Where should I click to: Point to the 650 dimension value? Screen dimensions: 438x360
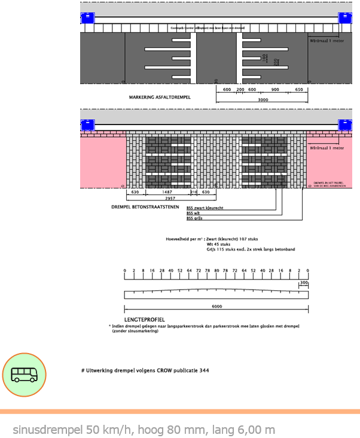point(298,90)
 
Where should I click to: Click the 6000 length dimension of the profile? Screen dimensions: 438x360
point(216,306)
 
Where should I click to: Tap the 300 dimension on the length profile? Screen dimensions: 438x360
point(304,282)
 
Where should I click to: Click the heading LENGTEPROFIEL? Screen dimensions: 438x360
point(145,320)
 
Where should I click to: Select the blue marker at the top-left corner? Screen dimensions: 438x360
point(88,17)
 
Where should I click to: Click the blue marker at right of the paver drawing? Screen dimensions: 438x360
point(346,124)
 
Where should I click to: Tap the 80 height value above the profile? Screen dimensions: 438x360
point(216,271)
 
